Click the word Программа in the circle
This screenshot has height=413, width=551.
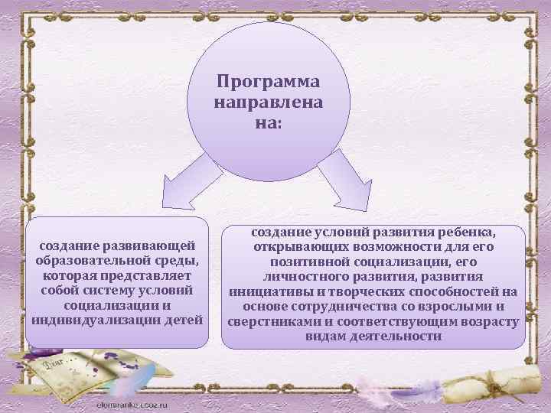[x=269, y=81]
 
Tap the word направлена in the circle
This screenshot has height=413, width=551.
[x=269, y=101]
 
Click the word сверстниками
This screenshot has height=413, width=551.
[x=272, y=321]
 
